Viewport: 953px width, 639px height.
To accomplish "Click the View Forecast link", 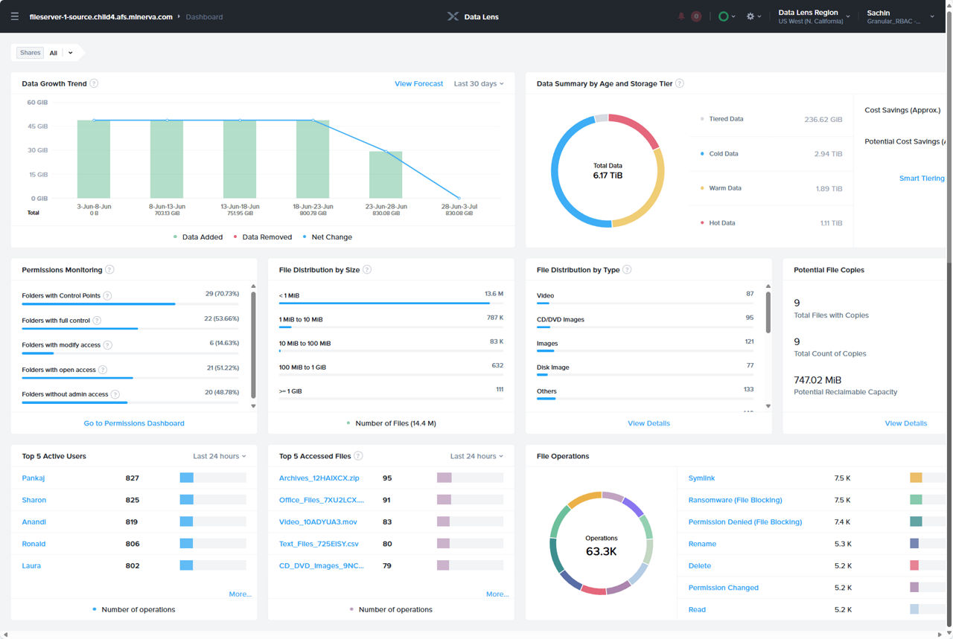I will click(x=418, y=84).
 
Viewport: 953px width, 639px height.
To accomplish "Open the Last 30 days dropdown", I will click(x=478, y=84).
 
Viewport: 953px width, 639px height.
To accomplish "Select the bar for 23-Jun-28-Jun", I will click(x=386, y=175).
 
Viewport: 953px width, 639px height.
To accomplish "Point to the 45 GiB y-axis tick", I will click(x=38, y=126).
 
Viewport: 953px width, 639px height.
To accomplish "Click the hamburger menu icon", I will click(x=15, y=16).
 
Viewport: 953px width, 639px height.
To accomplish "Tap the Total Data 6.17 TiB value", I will click(x=608, y=176).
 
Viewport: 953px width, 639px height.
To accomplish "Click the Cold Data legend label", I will click(x=723, y=154).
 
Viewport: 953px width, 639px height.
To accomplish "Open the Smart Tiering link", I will click(x=921, y=179).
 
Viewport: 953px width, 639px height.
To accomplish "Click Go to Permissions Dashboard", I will click(x=134, y=423).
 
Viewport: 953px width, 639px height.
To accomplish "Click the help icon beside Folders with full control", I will click(x=97, y=321).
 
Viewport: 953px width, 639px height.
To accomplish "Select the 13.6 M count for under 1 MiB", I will click(x=494, y=294).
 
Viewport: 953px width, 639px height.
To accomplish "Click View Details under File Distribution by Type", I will click(x=648, y=423).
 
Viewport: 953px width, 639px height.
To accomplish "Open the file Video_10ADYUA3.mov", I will click(x=318, y=522).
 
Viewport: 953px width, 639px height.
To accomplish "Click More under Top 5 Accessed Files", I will click(x=497, y=594).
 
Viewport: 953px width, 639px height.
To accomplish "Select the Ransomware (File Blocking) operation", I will click(x=735, y=500).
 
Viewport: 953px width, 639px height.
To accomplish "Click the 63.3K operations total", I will click(x=602, y=551).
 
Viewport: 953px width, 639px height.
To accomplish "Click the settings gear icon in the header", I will click(x=750, y=16).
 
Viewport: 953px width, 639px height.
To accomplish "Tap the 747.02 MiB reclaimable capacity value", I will click(x=817, y=380).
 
